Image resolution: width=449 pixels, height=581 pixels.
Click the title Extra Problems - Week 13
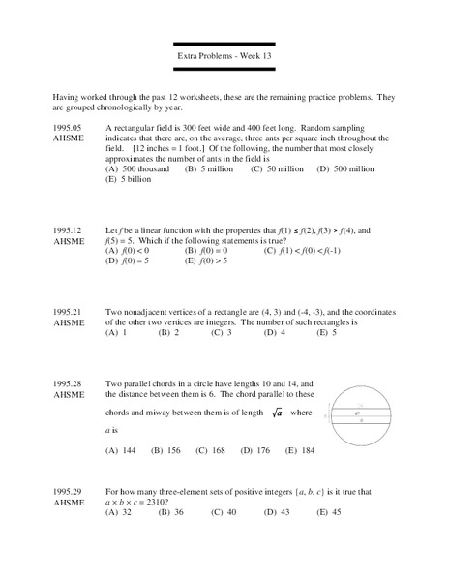[224, 56]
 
